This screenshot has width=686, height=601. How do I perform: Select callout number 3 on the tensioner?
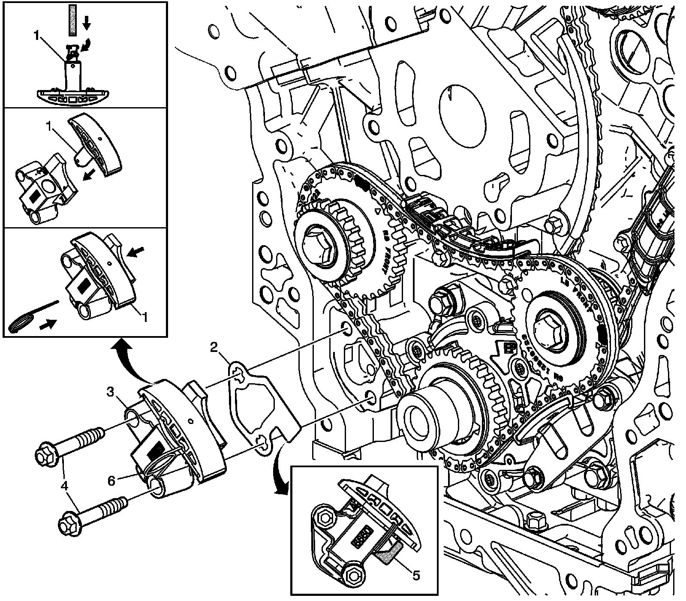111,391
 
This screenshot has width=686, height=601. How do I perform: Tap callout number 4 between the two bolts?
65,486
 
